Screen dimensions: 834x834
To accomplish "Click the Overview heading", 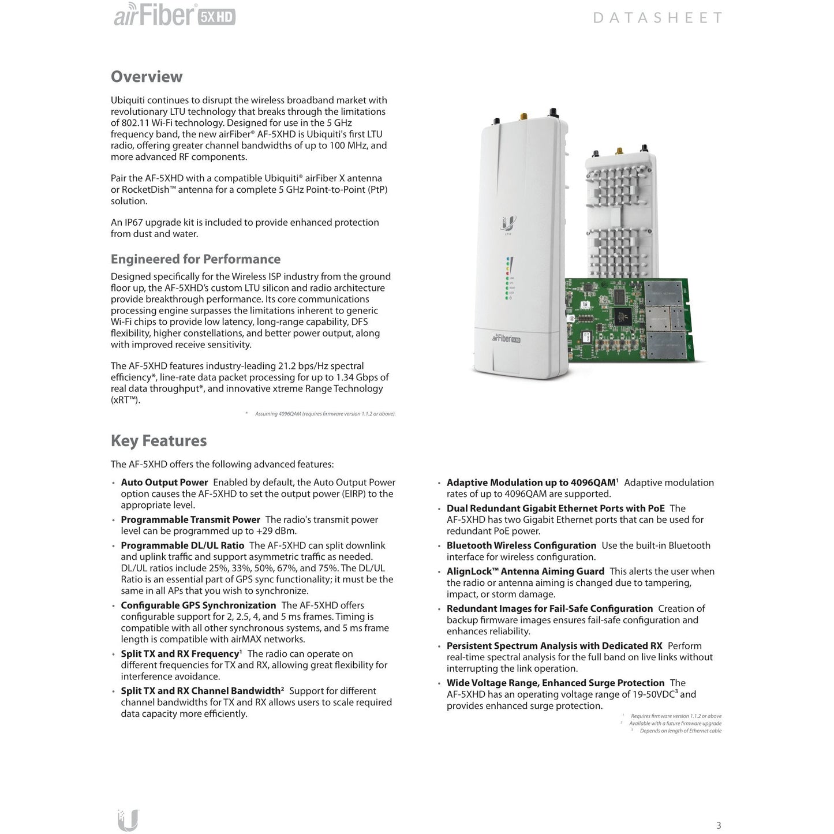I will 147,77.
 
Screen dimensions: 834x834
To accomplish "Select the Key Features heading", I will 159,441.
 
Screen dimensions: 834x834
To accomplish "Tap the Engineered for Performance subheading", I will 196,259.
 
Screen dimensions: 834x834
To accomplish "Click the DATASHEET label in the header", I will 657,18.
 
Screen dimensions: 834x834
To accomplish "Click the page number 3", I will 719,825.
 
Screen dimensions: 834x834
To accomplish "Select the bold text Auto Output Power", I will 164,483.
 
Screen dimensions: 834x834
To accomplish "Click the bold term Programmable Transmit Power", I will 190,519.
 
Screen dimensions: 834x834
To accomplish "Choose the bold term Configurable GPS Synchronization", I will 199,605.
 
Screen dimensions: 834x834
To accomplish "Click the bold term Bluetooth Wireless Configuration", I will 521,545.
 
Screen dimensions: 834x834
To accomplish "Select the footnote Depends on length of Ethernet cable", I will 680,731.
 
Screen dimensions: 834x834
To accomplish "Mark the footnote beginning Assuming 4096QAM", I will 325,414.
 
